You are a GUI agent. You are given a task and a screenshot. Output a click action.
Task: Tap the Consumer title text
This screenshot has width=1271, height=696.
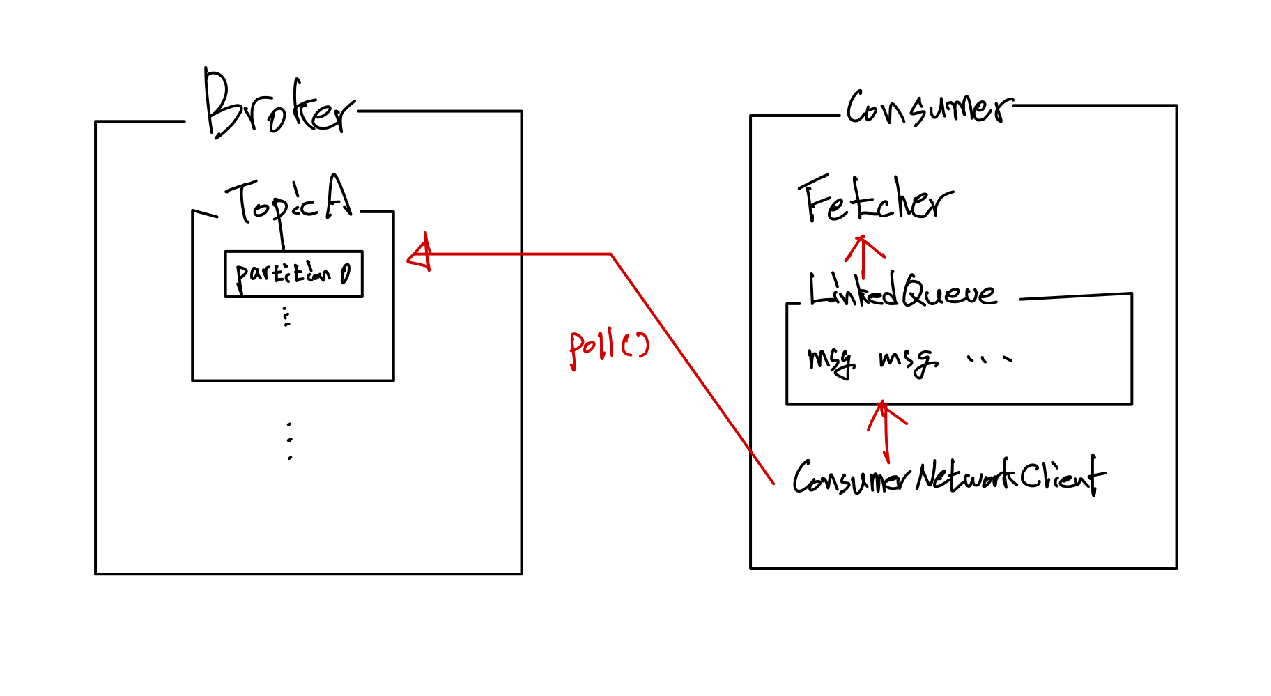(928, 109)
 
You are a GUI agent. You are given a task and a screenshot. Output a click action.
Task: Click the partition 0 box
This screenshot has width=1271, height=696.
(293, 274)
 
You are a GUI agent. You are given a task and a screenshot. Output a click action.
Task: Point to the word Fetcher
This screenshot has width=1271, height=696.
(875, 201)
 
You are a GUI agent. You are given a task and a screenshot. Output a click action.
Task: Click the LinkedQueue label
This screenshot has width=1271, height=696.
(902, 291)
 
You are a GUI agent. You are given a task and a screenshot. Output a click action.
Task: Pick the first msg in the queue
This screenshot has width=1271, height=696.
(831, 359)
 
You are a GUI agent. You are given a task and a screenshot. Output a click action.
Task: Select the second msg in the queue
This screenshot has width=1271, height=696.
(907, 359)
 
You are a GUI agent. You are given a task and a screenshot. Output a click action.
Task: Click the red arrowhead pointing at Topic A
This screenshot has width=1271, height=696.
(420, 256)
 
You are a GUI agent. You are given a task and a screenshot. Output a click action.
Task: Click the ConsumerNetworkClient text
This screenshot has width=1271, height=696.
(948, 477)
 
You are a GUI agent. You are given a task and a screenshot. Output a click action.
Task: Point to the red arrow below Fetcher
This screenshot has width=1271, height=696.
(864, 255)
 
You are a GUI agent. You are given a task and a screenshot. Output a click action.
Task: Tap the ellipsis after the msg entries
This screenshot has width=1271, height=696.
(989, 359)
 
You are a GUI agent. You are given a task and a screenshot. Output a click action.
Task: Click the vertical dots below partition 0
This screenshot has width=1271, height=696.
(286, 317)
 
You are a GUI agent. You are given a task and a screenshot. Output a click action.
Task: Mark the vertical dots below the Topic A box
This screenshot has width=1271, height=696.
(289, 440)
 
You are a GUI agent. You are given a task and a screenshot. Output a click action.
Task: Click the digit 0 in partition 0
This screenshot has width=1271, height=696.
(346, 274)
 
